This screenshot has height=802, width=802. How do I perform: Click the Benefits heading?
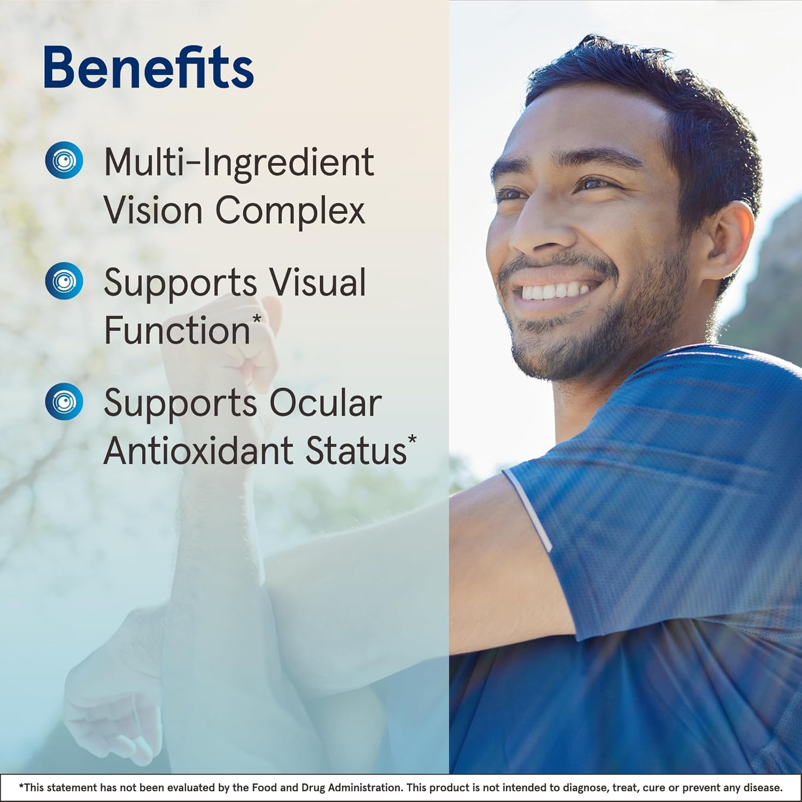click(148, 67)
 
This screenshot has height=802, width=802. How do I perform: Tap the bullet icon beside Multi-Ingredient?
click(64, 160)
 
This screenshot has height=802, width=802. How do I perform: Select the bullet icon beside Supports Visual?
click(64, 281)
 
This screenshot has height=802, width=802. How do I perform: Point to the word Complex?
click(290, 211)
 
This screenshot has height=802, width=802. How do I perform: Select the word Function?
click(177, 330)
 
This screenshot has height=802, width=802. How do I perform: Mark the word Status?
click(355, 450)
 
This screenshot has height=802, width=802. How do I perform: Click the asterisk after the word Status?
click(412, 440)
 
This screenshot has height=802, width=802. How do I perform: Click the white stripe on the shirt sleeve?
click(529, 508)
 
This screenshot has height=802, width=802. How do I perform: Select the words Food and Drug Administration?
click(326, 788)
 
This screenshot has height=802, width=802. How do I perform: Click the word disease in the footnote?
click(765, 788)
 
